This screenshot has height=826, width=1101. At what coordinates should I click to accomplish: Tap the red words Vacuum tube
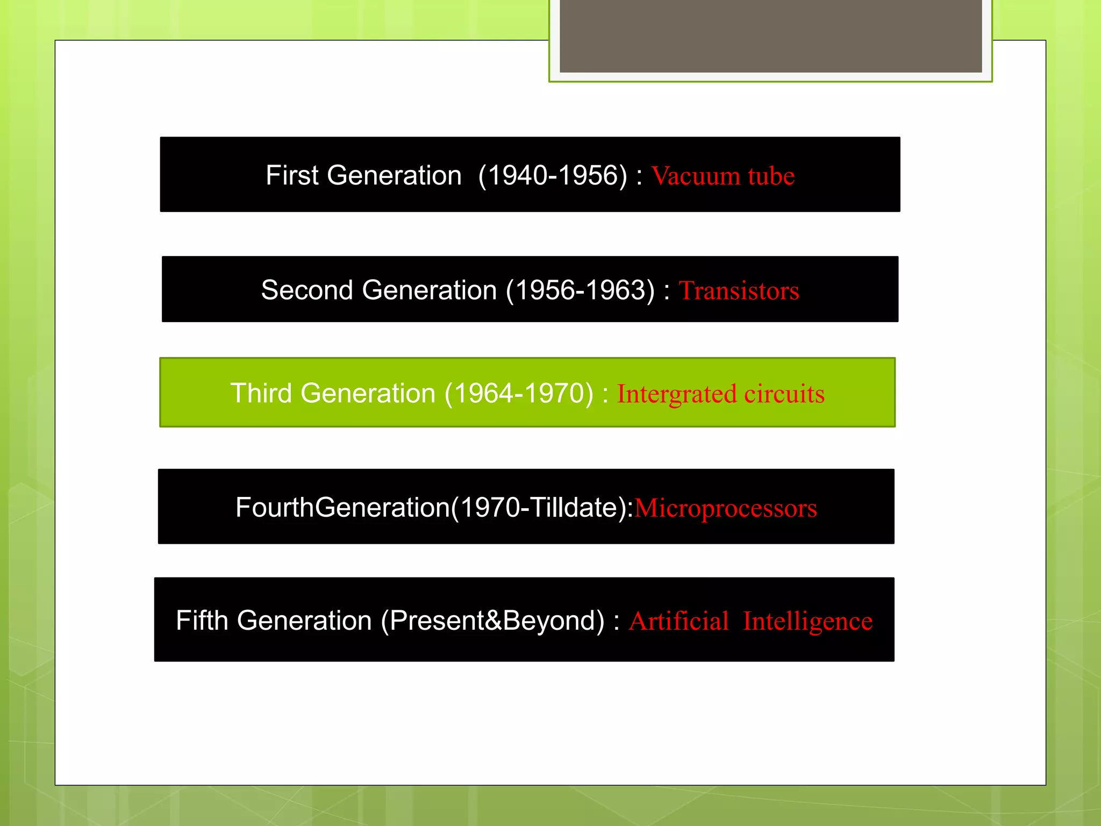[x=723, y=176]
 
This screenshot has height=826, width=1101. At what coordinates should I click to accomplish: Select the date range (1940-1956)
[x=553, y=175]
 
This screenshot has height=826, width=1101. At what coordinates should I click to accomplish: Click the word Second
[x=307, y=290]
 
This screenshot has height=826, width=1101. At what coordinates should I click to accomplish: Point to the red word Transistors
[x=739, y=290]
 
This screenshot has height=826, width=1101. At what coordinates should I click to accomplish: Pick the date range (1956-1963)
[x=580, y=290]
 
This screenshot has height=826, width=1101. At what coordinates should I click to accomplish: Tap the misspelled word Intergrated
[x=676, y=394]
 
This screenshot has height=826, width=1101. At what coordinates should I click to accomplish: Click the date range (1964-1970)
[x=519, y=393]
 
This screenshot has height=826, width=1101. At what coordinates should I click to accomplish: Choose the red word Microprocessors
[x=725, y=508]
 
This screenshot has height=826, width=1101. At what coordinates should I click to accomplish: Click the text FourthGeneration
[x=342, y=507]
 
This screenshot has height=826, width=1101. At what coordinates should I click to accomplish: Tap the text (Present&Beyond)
[x=492, y=621]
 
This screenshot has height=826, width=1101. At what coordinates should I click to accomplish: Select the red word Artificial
[x=678, y=621]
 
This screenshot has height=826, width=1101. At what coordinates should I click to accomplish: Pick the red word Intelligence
[x=807, y=622]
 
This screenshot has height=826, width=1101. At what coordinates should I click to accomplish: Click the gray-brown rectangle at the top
[x=770, y=35]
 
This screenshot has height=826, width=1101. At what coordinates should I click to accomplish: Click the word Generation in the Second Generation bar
[x=429, y=290]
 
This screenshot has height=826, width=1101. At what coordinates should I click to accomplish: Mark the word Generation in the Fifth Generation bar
[x=304, y=621]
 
